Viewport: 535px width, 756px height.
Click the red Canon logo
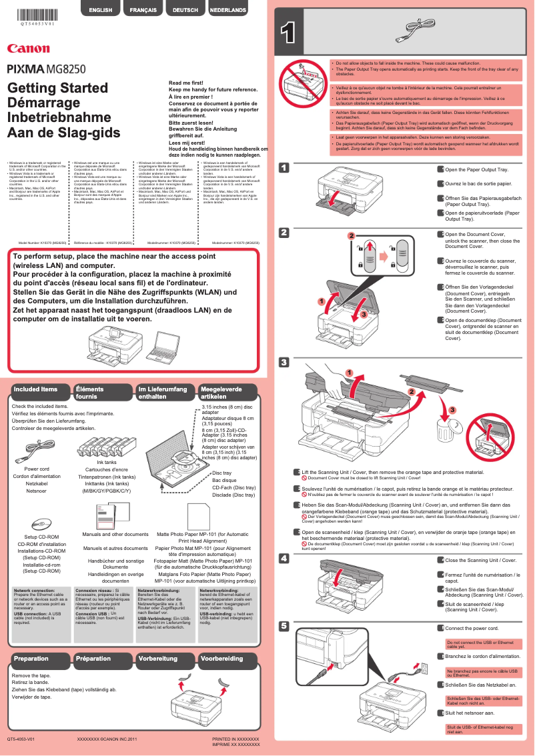(28, 48)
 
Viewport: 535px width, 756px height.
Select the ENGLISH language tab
(100, 10)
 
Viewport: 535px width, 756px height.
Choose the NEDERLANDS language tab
(228, 10)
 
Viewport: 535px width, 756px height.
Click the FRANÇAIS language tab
(143, 10)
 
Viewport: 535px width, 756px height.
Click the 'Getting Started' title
(47, 89)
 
